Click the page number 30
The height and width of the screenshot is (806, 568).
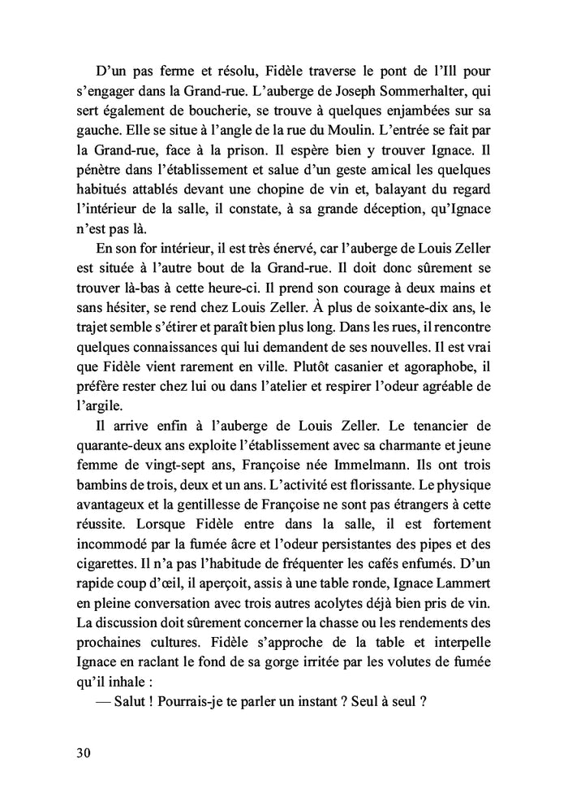80,752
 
